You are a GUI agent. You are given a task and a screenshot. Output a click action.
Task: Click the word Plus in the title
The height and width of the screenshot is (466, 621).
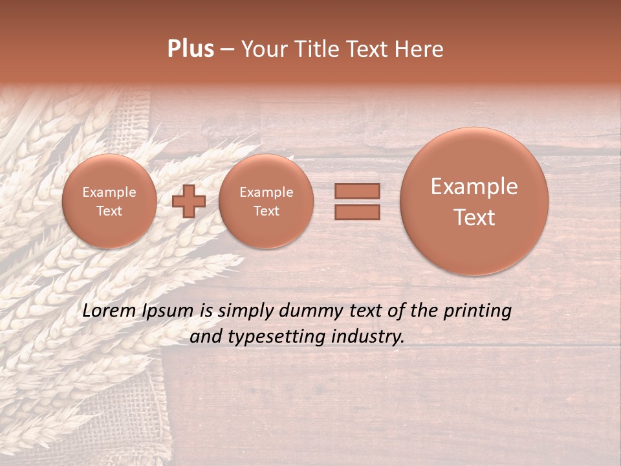(190, 49)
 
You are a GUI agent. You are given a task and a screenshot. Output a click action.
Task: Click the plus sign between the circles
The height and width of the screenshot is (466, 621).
(189, 201)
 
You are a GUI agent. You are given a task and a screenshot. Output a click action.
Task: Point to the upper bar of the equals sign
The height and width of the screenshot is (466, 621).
(357, 192)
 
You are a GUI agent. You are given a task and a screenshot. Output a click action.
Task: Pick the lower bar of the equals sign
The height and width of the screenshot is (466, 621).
(357, 212)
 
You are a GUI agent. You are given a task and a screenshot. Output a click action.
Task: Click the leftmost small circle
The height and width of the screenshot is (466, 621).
(109, 201)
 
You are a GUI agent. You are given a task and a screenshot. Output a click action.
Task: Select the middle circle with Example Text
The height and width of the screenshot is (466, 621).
(266, 201)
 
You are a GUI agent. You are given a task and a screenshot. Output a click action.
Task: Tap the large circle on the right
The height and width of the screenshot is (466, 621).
(474, 201)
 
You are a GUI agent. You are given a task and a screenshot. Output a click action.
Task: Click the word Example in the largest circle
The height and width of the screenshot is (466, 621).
(474, 186)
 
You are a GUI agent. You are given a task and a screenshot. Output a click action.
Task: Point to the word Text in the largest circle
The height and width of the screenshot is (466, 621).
(474, 217)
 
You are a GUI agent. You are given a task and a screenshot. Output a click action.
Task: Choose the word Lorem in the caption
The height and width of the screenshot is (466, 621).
(109, 311)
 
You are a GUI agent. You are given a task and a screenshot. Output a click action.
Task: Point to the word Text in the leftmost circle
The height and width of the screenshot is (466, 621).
(109, 211)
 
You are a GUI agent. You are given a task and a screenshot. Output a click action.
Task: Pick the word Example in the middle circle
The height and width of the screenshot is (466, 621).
(266, 192)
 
